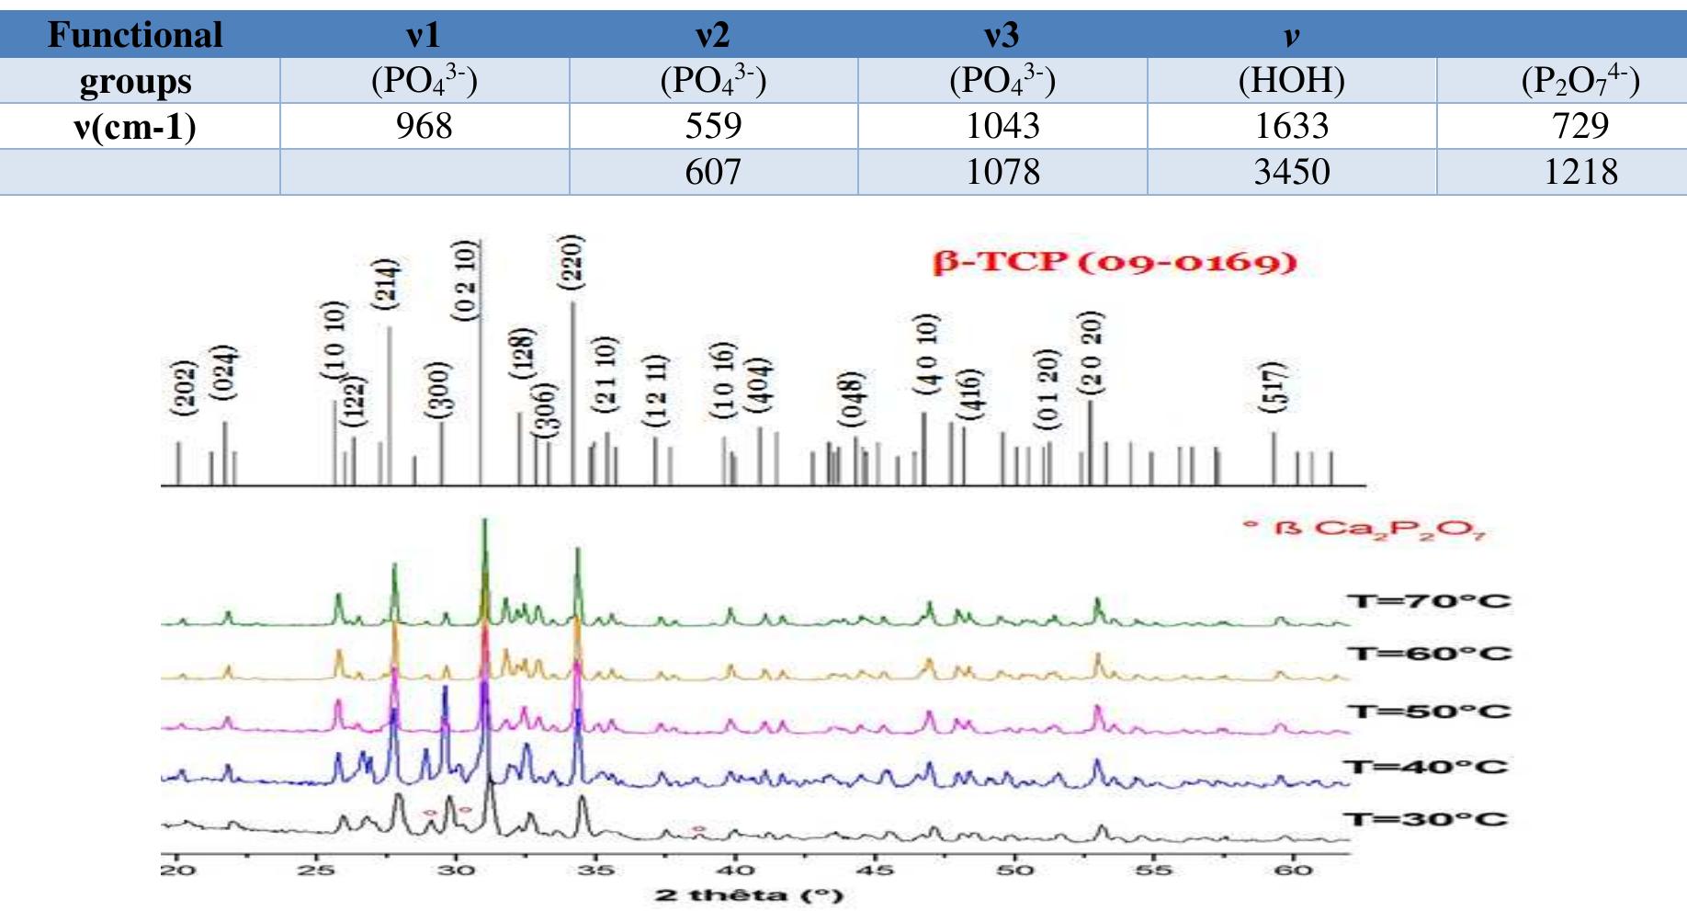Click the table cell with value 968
[424, 126]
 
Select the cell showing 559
[713, 126]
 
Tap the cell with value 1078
[1002, 172]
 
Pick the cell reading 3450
[1292, 172]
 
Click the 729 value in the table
[1580, 126]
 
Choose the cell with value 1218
[1580, 172]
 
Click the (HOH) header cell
[1292, 81]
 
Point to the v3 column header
[1002, 35]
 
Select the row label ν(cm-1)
[135, 126]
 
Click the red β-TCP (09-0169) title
[1115, 262]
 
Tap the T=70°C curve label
[1428, 601]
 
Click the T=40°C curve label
[1425, 767]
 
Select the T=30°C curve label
[1425, 819]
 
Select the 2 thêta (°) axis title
[749, 894]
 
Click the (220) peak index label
[572, 262]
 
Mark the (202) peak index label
[185, 387]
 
